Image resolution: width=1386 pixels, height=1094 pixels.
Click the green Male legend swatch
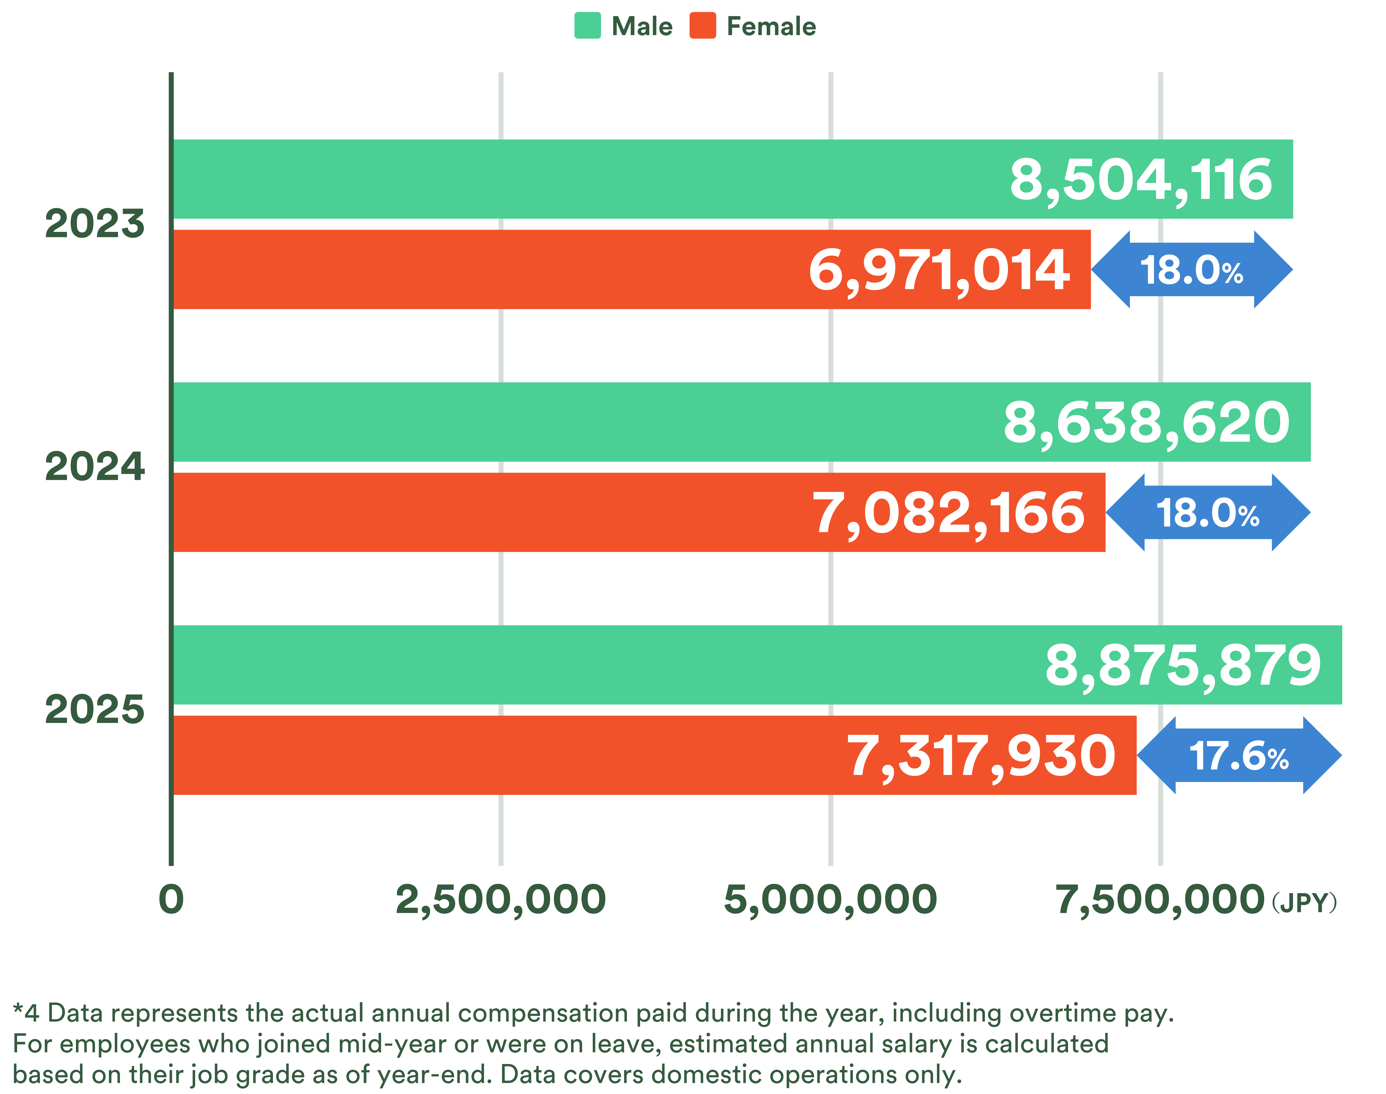click(587, 26)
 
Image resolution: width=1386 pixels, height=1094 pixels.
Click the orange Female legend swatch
click(703, 26)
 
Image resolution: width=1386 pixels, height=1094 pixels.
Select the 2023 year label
click(95, 224)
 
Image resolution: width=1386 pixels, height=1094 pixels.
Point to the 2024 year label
click(95, 467)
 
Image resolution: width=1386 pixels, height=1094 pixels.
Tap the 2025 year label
click(95, 710)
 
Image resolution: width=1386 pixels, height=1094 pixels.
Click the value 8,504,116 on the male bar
click(1141, 180)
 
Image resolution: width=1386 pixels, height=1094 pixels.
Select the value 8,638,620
click(1146, 423)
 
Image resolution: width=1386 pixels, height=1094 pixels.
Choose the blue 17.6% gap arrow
click(1239, 756)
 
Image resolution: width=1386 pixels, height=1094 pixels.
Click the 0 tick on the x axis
click(171, 899)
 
